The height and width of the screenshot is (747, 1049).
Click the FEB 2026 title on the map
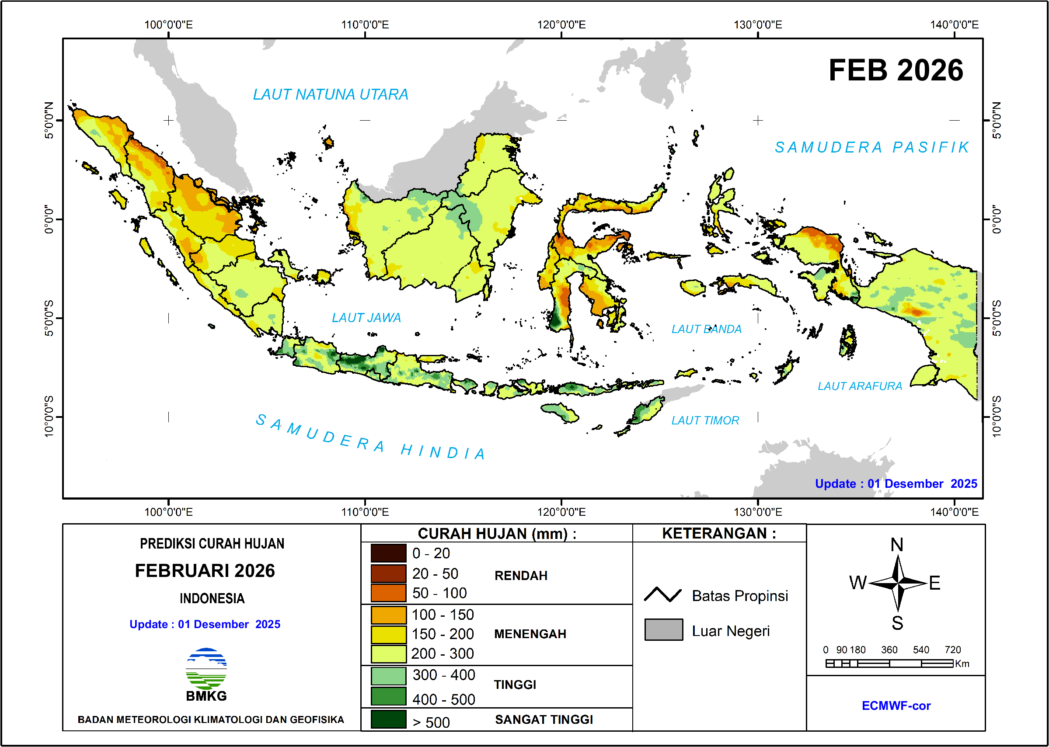tap(896, 70)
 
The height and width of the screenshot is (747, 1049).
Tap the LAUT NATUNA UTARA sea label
tap(330, 94)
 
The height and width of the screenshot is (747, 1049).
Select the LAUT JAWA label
tap(366, 317)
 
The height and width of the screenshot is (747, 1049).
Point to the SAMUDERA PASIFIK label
tap(872, 147)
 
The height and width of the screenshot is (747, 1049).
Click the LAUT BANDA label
tap(706, 329)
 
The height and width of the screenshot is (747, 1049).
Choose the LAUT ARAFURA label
tap(859, 386)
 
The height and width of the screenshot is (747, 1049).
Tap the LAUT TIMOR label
tap(705, 420)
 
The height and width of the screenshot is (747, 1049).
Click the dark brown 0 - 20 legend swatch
tap(388, 553)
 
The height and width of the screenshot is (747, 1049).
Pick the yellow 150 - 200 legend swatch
tap(388, 634)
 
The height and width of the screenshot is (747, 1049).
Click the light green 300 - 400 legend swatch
tap(388, 676)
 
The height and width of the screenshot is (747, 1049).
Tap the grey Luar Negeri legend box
tap(663, 630)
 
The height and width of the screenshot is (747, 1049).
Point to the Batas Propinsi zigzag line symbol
tap(662, 595)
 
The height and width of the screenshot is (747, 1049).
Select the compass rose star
tap(898, 583)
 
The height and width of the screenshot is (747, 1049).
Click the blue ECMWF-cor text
tap(896, 705)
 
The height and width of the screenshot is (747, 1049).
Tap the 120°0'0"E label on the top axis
tap(561, 24)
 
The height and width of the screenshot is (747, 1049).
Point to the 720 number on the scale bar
tap(952, 650)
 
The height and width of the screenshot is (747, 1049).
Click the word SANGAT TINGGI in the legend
tap(544, 719)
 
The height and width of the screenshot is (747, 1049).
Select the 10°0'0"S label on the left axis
tap(49, 416)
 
